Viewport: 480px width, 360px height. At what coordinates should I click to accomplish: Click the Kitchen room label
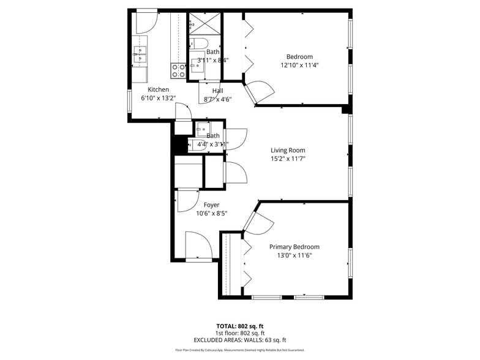[x=158, y=89]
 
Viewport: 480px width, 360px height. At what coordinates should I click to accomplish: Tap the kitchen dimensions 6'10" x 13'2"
[x=158, y=98]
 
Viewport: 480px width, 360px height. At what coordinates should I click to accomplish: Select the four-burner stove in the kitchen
[x=178, y=71]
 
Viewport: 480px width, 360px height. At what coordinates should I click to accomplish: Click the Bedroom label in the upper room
[x=299, y=57]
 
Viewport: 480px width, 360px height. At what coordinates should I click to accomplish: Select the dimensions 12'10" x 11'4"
[x=299, y=65]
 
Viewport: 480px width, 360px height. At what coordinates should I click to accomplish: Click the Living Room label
[x=288, y=150]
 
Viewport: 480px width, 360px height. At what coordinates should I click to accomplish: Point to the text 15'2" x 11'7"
[x=288, y=159]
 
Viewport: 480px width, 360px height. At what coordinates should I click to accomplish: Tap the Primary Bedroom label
[x=294, y=247]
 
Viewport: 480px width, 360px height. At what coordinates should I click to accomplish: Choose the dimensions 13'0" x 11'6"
[x=294, y=255]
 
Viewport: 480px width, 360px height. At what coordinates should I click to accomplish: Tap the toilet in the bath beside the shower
[x=199, y=43]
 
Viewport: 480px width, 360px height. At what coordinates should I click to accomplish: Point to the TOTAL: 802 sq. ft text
[x=239, y=326]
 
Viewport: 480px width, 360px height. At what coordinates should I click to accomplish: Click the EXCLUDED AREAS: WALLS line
[x=239, y=340]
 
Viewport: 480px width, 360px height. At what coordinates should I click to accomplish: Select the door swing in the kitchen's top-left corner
[x=146, y=22]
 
